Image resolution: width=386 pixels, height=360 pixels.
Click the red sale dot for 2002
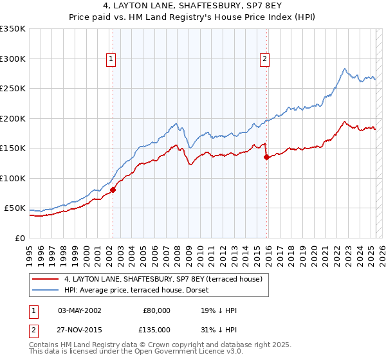click(x=113, y=190)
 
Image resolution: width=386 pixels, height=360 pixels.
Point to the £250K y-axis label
click(x=12, y=89)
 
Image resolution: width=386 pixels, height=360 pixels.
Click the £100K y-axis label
click(x=12, y=178)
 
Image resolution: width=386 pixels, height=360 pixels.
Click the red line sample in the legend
click(x=45, y=280)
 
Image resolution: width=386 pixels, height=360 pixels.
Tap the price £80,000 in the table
click(x=156, y=310)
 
